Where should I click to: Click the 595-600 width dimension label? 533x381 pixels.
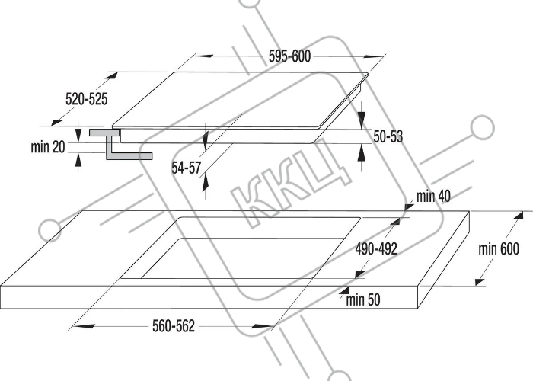[x=289, y=56]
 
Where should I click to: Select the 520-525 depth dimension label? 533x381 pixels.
[x=86, y=99]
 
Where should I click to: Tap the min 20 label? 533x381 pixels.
[x=47, y=147]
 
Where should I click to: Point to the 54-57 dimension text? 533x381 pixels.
[x=187, y=168]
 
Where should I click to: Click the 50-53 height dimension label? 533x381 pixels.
[x=388, y=136]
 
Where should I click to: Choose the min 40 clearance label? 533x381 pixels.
[x=433, y=197]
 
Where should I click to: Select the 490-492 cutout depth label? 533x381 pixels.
[x=376, y=249]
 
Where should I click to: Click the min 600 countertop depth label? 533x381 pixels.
[x=499, y=248]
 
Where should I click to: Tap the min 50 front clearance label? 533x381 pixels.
[x=363, y=299]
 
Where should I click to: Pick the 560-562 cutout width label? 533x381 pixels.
[x=174, y=326]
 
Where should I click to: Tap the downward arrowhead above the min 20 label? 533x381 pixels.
[x=78, y=134]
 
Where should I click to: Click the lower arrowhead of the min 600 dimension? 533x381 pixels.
[x=480, y=281]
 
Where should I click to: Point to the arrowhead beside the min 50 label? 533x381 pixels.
[x=344, y=290]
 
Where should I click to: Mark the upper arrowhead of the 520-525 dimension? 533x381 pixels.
[x=112, y=75]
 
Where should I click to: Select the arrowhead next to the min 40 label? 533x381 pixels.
[x=409, y=207]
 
